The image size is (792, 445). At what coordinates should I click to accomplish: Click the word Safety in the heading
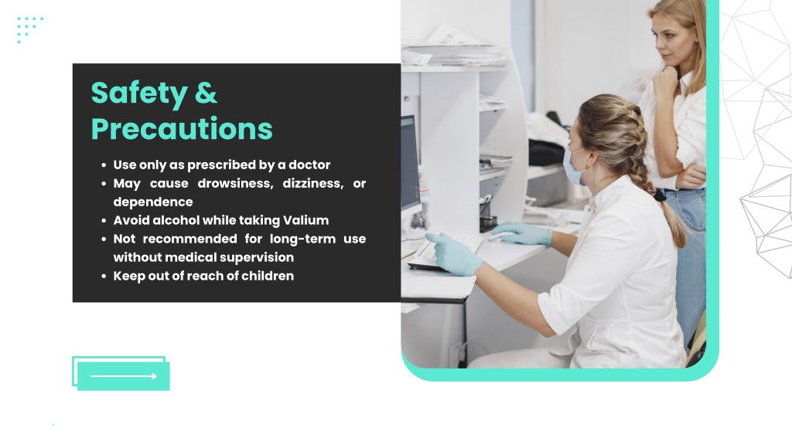tap(139, 93)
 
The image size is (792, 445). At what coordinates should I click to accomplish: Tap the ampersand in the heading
tap(206, 93)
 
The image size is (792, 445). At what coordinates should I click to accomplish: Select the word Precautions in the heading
tap(182, 129)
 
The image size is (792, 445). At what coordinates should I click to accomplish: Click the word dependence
tap(153, 202)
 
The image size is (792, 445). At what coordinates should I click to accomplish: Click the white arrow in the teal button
tap(123, 376)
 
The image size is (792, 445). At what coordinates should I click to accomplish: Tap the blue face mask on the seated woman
tap(574, 167)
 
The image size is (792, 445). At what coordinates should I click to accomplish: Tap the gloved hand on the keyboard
tap(453, 253)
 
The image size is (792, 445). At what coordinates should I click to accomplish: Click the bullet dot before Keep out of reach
tap(104, 277)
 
